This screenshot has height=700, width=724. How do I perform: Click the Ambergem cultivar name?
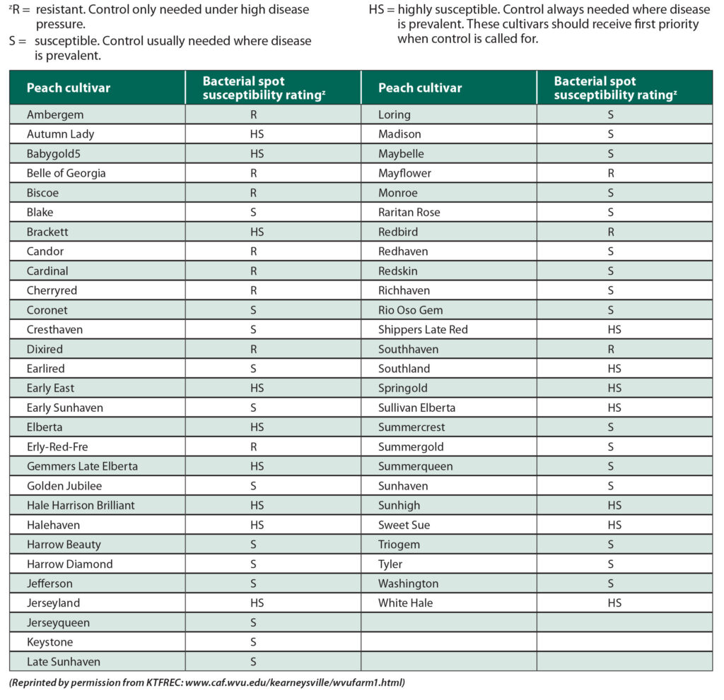54,114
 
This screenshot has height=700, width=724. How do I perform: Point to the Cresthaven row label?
54,329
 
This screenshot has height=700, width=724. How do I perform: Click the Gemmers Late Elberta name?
82,466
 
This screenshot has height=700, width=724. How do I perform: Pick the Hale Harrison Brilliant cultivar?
81,505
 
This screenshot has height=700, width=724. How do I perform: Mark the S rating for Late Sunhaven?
253,662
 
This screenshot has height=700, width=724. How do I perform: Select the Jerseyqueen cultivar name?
58,622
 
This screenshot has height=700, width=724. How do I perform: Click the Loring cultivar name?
394,114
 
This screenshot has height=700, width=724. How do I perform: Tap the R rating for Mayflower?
611,173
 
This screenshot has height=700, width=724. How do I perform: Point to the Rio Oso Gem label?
410,310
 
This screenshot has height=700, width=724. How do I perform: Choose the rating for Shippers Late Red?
614,329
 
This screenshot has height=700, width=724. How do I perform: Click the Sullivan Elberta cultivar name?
416,408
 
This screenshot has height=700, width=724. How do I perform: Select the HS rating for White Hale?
614,603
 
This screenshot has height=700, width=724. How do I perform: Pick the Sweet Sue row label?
404,525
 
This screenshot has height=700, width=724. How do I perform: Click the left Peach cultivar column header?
69,88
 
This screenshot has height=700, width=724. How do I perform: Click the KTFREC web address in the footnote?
293,683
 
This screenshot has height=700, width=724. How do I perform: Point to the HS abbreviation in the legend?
378,10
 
